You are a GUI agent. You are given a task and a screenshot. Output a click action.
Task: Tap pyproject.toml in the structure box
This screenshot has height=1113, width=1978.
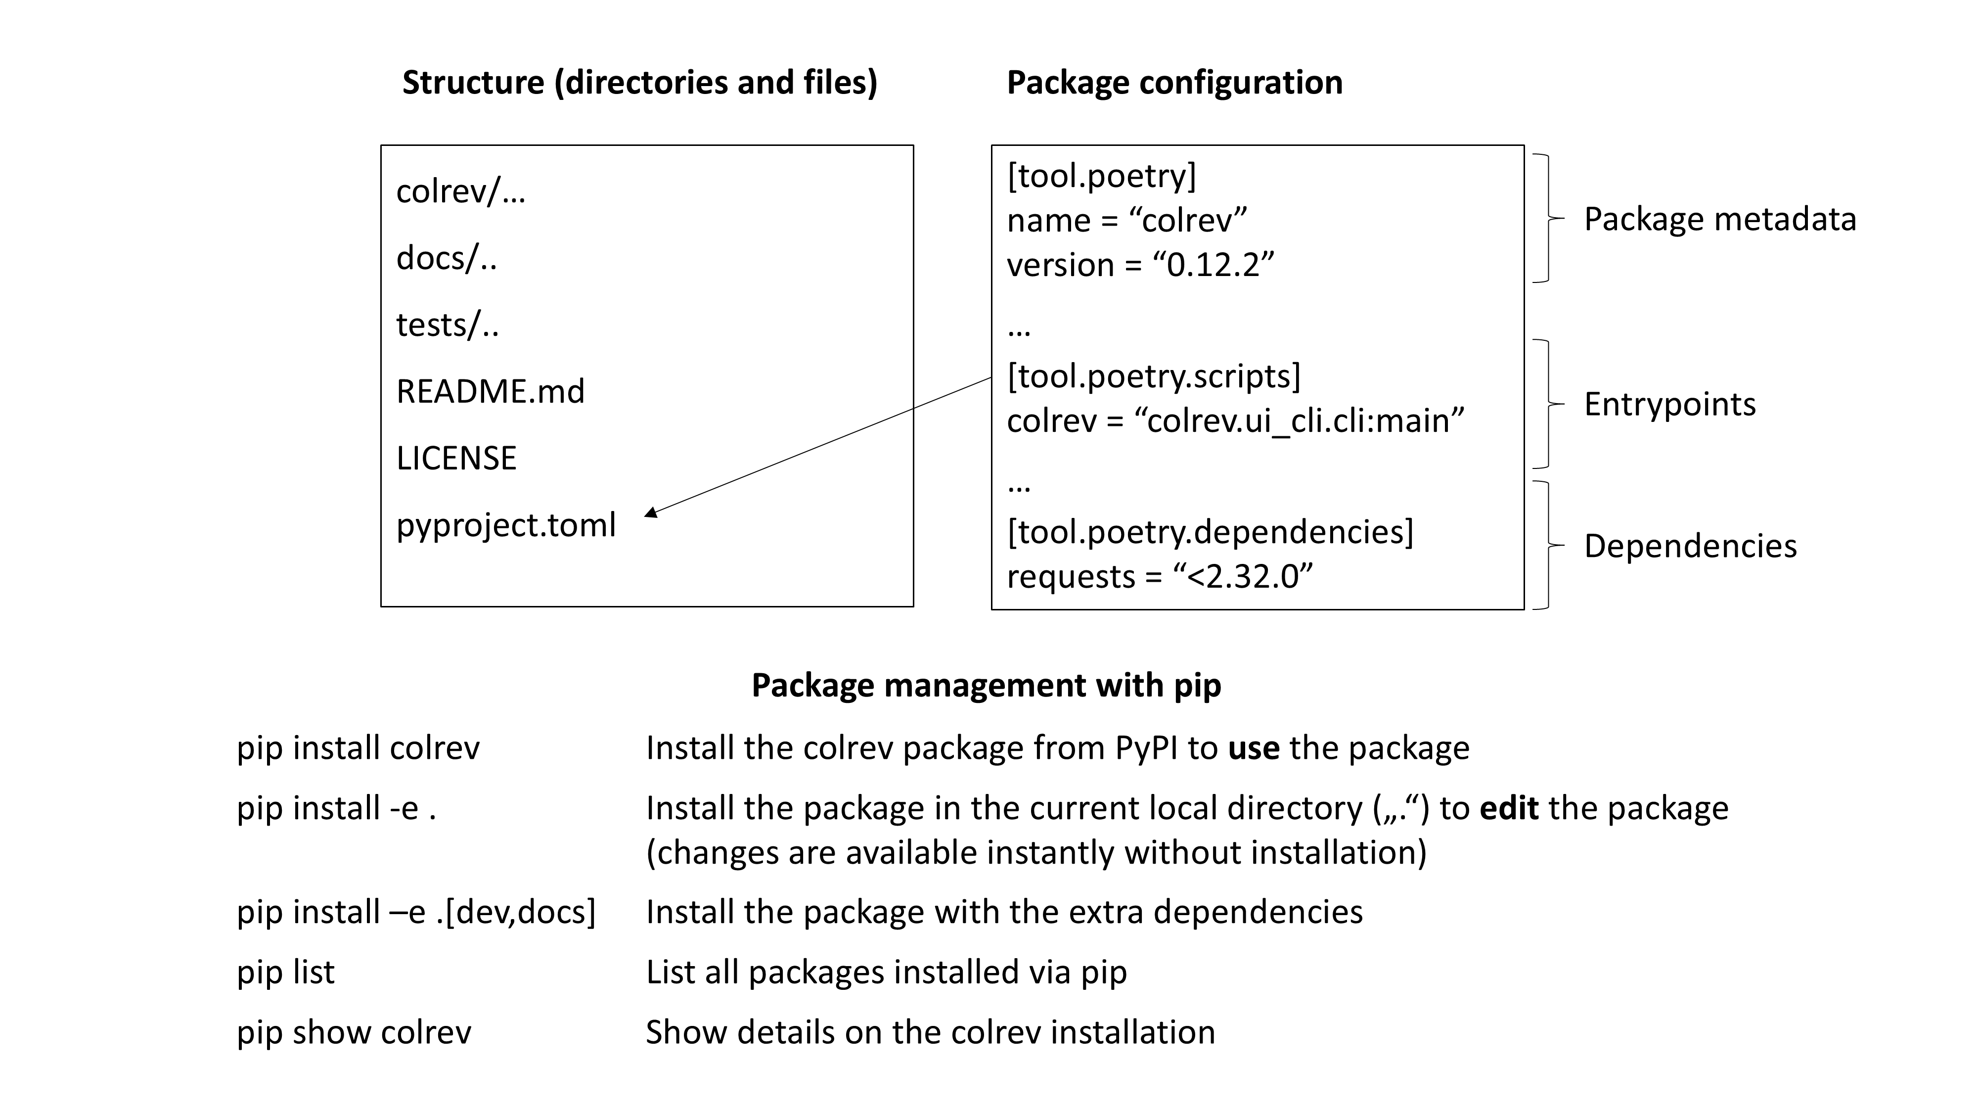point(506,525)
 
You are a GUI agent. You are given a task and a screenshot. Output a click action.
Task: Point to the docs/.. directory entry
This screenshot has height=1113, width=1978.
point(446,258)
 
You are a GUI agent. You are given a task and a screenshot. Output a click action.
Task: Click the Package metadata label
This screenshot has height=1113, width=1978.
point(1720,220)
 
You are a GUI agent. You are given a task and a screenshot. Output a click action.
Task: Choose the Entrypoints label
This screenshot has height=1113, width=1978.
point(1669,404)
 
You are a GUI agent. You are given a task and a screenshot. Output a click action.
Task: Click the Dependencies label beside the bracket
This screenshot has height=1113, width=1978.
point(1690,546)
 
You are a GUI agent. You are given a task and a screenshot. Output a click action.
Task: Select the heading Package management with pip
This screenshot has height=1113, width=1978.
point(986,685)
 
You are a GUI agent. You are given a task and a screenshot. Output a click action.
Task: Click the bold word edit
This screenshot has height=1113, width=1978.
point(1509,808)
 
